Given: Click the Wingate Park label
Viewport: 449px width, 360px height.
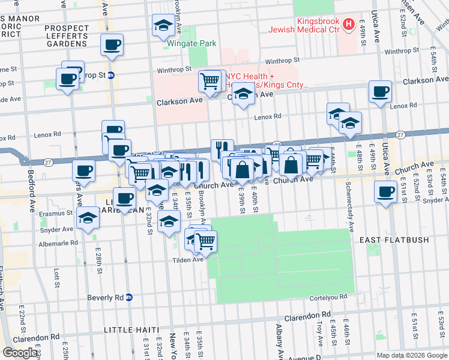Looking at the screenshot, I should tap(182, 44).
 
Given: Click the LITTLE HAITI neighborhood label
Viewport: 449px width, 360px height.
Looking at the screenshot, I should tap(131, 331).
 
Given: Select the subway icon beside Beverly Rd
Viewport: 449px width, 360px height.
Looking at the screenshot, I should tap(128, 298).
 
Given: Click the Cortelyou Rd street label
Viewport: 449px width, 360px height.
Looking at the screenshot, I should tap(329, 298).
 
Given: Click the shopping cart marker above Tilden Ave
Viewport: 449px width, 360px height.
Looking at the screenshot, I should tap(206, 241).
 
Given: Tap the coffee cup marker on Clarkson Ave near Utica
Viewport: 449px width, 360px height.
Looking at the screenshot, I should tap(381, 91).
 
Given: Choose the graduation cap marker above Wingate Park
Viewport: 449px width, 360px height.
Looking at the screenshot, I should tap(163, 25).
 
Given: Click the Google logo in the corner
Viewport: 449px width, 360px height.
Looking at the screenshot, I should tap(21, 353).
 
